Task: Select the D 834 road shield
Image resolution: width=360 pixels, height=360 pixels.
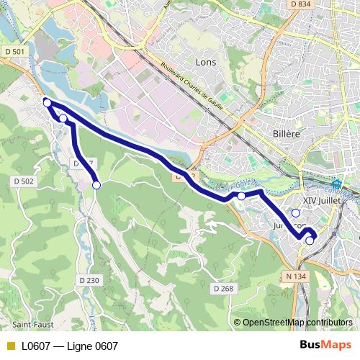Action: click(x=301, y=4)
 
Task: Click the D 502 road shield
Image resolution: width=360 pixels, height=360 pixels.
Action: click(x=23, y=181)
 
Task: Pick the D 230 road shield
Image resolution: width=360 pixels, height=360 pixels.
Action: click(x=89, y=279)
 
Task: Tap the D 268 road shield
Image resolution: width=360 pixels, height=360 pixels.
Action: click(x=224, y=289)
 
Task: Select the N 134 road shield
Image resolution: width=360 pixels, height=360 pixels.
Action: click(x=295, y=276)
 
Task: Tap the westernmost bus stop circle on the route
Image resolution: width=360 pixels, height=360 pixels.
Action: click(x=47, y=102)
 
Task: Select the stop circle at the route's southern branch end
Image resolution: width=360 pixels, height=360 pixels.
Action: click(x=96, y=185)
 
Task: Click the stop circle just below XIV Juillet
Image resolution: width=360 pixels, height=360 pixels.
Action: click(x=295, y=212)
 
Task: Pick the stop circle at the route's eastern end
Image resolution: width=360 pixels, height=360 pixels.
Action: click(x=310, y=240)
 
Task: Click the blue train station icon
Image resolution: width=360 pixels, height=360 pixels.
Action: click(x=336, y=184)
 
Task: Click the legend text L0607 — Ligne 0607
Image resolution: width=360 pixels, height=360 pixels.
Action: click(x=69, y=346)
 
